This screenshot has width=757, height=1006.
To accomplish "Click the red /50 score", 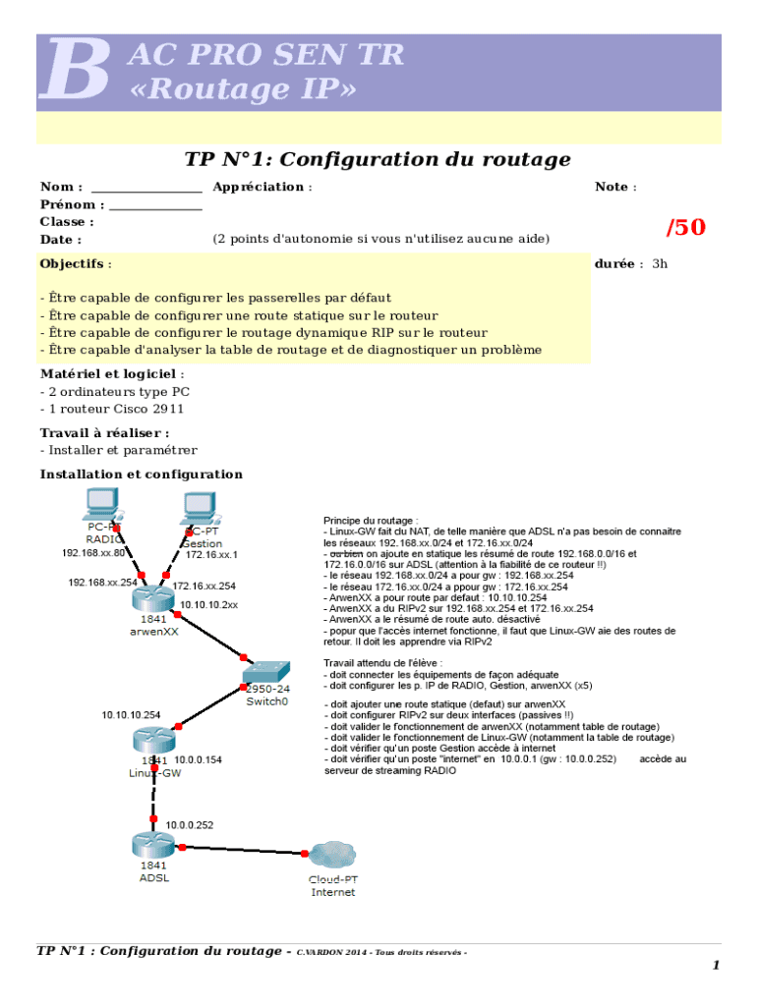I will click(685, 228).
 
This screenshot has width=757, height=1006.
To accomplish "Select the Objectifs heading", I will click(73, 264).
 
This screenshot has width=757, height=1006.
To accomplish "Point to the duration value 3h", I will click(659, 264).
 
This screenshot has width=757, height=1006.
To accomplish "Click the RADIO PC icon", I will click(101, 504).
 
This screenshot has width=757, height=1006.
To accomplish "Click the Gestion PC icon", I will click(198, 506).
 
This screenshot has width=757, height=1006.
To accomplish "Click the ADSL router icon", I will click(152, 843).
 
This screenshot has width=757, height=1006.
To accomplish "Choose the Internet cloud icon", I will click(332, 855).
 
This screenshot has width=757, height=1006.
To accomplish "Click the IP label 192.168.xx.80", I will click(93, 553).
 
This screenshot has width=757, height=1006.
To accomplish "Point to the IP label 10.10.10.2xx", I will click(208, 605).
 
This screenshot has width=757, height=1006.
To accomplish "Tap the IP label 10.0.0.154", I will click(198, 759).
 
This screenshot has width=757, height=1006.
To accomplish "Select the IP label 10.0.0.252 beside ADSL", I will click(190, 825).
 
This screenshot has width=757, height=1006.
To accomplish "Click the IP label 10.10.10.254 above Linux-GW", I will click(131, 715).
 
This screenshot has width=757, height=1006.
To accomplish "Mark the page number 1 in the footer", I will click(717, 966).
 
